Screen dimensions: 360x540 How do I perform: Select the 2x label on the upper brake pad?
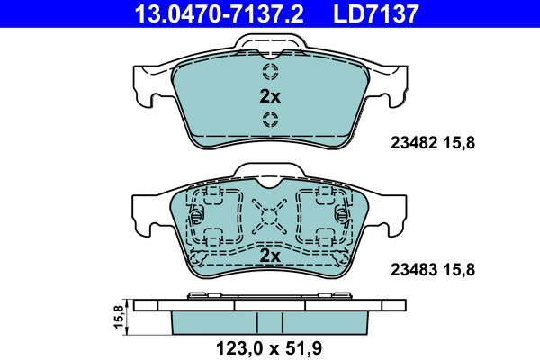point(270,96)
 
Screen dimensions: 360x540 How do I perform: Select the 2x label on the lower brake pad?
point(270,256)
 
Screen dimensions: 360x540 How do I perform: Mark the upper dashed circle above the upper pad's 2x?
point(270,72)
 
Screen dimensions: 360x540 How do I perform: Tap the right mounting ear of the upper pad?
point(391,85)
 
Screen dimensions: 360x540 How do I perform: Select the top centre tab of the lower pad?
point(270,172)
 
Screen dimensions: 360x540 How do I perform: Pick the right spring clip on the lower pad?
point(342,216)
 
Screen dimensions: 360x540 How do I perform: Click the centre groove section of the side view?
point(270,322)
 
